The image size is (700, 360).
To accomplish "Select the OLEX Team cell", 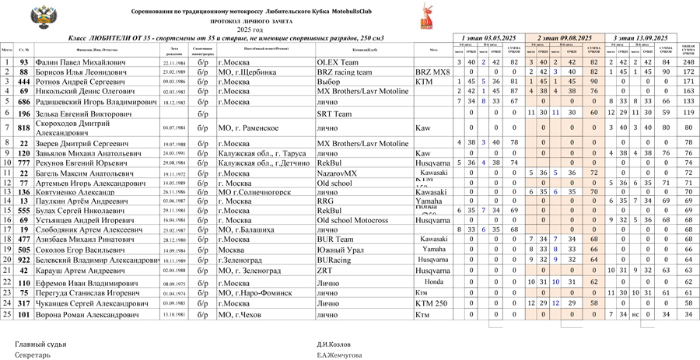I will [338, 62].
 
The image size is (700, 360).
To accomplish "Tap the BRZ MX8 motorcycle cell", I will [432, 72].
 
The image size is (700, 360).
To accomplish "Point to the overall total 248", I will [688, 62].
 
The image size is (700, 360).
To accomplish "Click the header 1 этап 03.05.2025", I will [489, 38].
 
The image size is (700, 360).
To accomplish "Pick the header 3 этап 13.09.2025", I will [640, 38].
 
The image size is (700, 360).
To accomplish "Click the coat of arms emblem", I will [40, 17].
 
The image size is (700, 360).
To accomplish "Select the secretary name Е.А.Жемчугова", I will [339, 355].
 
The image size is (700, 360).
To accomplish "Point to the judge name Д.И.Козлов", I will [334, 343].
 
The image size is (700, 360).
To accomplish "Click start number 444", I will [24, 82].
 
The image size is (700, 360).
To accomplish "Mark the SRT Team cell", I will [334, 114].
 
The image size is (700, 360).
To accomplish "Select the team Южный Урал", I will [338, 250].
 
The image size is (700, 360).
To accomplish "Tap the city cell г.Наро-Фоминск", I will [249, 293].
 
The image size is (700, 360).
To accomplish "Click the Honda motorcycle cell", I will [433, 281].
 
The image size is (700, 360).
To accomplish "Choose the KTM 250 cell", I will [431, 303].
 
